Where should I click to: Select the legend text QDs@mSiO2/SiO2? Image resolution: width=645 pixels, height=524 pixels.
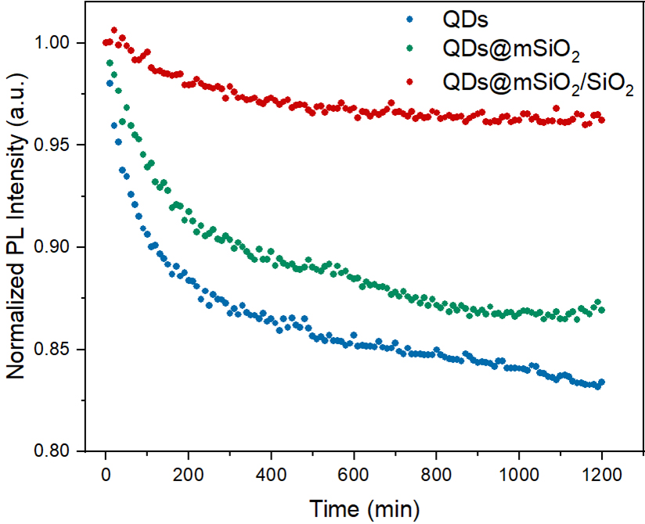coord(538,83)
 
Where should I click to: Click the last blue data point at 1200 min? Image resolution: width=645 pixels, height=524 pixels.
coord(601,382)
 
